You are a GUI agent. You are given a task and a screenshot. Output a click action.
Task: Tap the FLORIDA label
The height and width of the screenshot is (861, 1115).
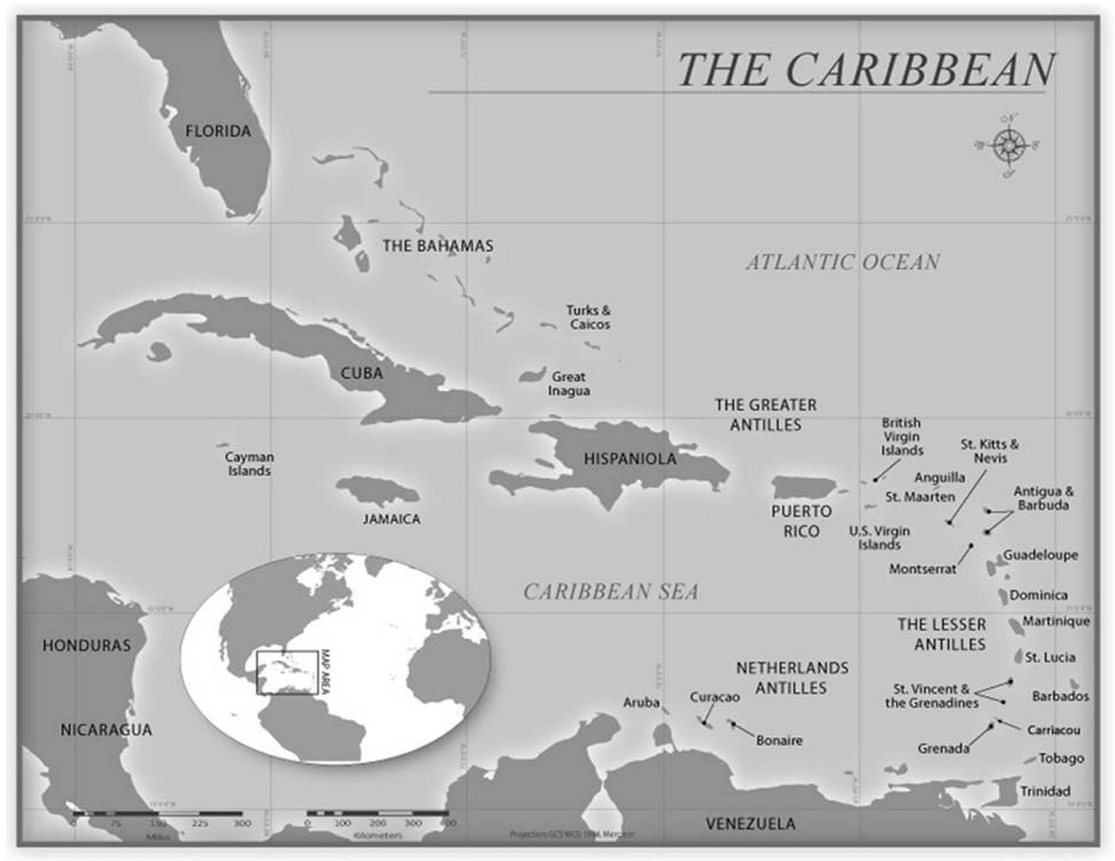click(x=218, y=132)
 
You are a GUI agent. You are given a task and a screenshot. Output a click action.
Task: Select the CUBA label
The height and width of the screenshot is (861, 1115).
click(x=361, y=373)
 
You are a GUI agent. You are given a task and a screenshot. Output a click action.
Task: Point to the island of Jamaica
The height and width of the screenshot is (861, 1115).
click(x=378, y=490)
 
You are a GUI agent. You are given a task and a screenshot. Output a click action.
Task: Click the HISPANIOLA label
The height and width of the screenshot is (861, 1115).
click(x=630, y=459)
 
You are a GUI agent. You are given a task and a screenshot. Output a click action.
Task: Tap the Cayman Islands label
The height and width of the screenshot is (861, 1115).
click(x=249, y=464)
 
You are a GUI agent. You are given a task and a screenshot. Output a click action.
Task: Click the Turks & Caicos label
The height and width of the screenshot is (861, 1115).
click(x=589, y=317)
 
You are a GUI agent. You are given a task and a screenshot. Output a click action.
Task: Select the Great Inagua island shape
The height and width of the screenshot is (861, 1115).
click(x=532, y=376)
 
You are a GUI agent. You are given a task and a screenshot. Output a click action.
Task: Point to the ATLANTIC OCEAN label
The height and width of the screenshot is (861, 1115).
click(x=843, y=262)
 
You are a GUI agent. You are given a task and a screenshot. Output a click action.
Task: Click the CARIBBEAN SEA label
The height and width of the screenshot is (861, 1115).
click(x=610, y=592)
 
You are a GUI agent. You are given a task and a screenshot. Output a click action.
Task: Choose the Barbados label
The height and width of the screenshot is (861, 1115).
click(x=1060, y=696)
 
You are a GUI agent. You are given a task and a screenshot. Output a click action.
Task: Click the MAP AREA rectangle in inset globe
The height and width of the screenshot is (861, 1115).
click(x=287, y=672)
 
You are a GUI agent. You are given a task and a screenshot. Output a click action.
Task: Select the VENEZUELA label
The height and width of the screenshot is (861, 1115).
click(x=750, y=824)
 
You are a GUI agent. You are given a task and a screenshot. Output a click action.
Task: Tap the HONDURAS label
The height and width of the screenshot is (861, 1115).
click(x=86, y=645)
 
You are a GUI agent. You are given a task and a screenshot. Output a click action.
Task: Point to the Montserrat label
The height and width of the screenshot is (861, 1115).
click(x=922, y=569)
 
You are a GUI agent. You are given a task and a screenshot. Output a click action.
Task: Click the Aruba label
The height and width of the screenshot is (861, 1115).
click(x=641, y=702)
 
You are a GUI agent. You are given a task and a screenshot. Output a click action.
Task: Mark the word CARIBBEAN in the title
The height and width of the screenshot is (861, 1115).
click(x=920, y=70)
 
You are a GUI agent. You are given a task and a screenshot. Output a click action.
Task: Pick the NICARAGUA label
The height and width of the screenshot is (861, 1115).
click(x=106, y=729)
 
